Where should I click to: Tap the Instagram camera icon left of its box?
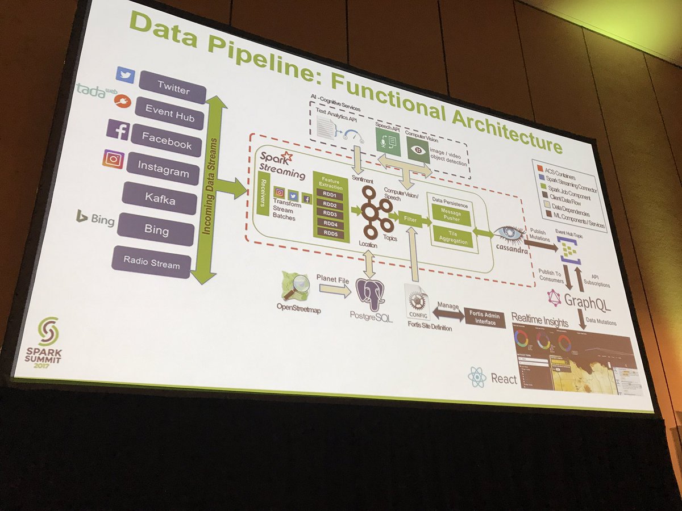113,160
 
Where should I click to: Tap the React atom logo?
477,376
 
